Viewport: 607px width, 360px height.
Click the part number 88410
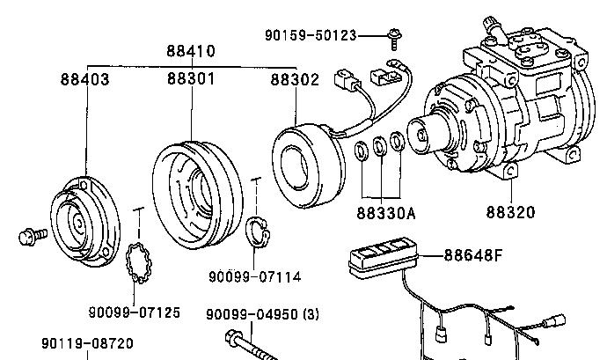coord(191,51)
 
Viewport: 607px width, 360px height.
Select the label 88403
coord(85,79)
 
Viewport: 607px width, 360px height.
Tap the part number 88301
coord(191,78)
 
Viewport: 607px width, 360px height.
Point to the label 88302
coord(295,80)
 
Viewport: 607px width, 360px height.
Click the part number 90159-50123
coord(311,35)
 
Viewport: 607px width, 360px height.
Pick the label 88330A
coord(386,213)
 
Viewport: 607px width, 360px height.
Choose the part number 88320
coord(510,212)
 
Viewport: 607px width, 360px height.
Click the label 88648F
coord(473,255)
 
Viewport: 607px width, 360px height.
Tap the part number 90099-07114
coord(255,276)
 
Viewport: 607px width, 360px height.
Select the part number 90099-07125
coord(135,312)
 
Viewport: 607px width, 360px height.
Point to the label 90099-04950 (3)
coord(262,314)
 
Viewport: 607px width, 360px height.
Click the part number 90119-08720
coord(87,343)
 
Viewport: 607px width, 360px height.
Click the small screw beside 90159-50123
coord(394,39)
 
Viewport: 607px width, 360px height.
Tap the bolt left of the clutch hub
coord(33,237)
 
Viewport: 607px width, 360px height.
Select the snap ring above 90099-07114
coord(258,231)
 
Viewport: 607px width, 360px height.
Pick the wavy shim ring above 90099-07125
coord(139,262)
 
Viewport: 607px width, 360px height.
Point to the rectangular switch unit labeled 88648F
coord(384,256)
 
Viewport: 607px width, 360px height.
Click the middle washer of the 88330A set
coord(380,145)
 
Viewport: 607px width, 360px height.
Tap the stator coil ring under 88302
coord(308,165)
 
